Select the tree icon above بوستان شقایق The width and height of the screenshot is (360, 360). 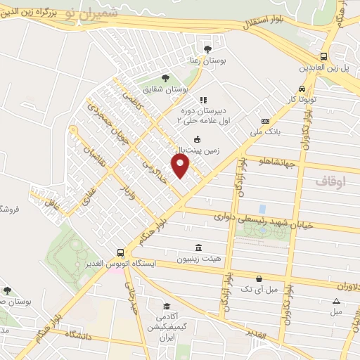click(x=165, y=78)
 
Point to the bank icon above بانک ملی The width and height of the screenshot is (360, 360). click(x=265, y=121)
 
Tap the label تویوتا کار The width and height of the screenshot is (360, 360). click(x=301, y=100)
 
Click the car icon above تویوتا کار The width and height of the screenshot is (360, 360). click(x=301, y=89)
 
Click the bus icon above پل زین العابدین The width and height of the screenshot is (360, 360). click(x=323, y=56)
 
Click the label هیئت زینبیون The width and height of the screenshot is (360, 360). click(x=202, y=259)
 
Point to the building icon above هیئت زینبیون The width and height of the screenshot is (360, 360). click(x=200, y=248)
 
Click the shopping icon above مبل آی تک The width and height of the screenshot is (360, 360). click(x=259, y=278)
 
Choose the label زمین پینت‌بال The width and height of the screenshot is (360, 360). click(x=198, y=150)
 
